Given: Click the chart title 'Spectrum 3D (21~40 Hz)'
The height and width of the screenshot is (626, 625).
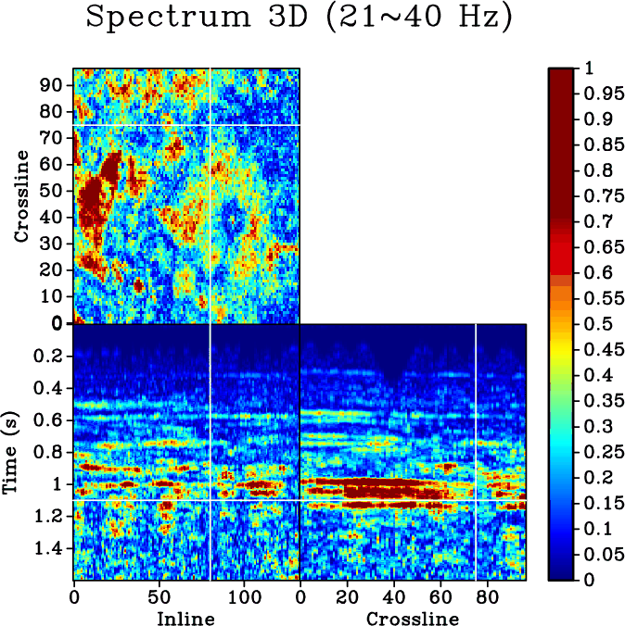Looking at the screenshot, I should [x=299, y=19].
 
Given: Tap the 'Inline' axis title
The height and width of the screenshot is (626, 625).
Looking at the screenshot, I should [x=185, y=619].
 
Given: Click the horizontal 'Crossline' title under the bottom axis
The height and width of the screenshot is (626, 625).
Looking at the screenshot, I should [x=412, y=619].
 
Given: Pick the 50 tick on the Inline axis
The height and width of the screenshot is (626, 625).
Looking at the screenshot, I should [x=159, y=597].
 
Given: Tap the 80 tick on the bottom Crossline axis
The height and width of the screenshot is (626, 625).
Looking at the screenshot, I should [x=484, y=597].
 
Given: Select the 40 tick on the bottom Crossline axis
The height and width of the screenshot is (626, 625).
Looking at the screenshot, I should [x=393, y=597].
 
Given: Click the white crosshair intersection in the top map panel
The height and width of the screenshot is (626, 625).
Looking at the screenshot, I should [x=210, y=124].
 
